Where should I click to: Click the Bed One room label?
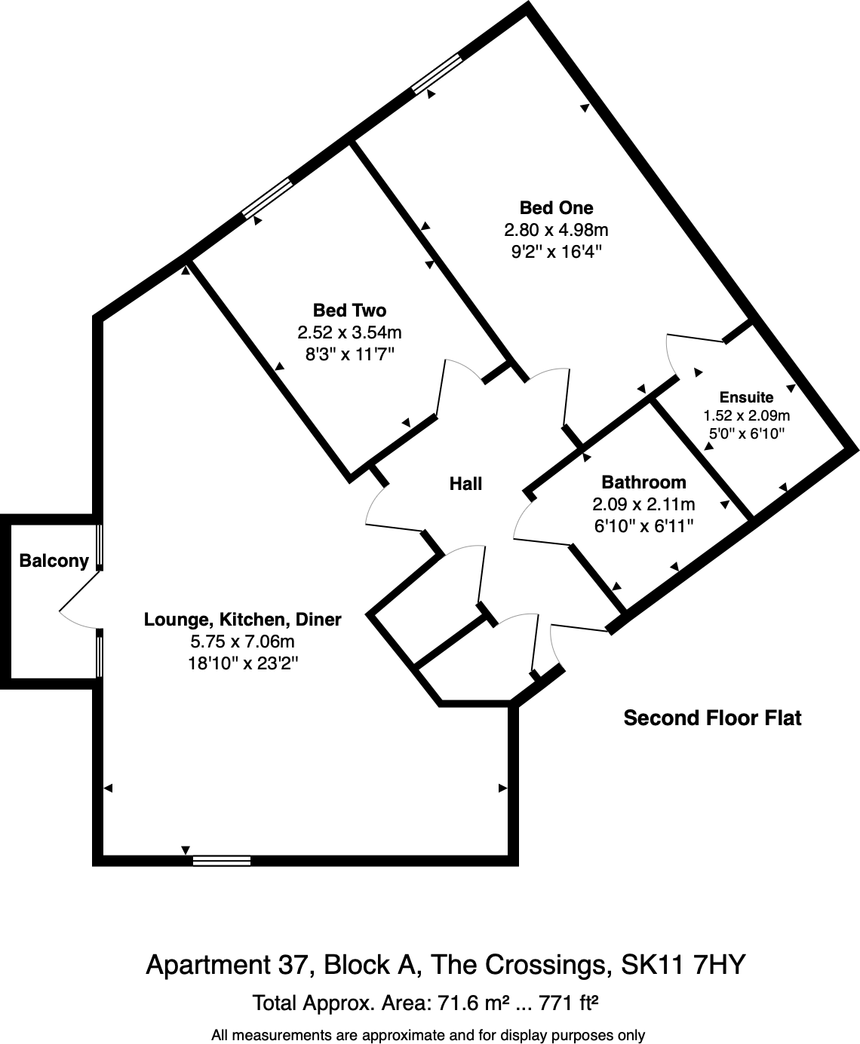(556, 208)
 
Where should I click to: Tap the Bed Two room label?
(349, 311)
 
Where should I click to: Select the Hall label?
(465, 484)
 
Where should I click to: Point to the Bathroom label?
(643, 482)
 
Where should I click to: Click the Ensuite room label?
(746, 397)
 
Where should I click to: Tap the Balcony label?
(54, 561)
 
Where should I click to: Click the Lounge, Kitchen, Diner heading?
(242, 620)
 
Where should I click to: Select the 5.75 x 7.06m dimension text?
(242, 642)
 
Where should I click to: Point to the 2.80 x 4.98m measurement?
(556, 230)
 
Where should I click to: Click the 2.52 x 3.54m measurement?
(349, 332)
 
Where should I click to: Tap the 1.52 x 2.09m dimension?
(746, 415)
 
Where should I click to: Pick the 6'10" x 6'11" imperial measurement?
(643, 526)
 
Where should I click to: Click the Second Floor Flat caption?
(712, 718)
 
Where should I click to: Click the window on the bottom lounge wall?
(222, 861)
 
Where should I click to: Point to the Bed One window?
(437, 73)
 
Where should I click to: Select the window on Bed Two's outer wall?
(267, 197)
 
